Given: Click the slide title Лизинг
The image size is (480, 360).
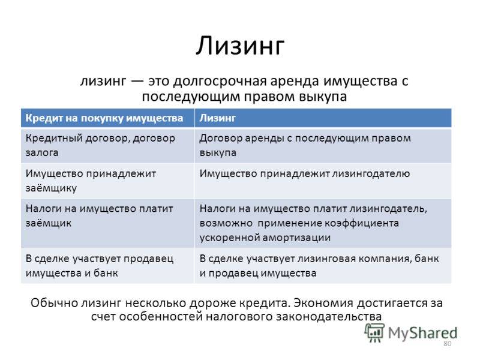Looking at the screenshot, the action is [240, 46].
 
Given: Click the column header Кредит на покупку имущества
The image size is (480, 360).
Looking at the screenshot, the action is [104, 118].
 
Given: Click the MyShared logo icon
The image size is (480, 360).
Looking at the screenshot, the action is [374, 332].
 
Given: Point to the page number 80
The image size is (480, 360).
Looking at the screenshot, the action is [447, 343].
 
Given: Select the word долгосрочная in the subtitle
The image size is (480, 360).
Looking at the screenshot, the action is [220, 82].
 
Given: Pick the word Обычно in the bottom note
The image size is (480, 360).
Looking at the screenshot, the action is [55, 303].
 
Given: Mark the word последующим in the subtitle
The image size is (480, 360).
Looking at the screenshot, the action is [191, 97].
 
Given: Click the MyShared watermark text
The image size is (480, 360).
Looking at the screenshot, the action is [423, 333].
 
